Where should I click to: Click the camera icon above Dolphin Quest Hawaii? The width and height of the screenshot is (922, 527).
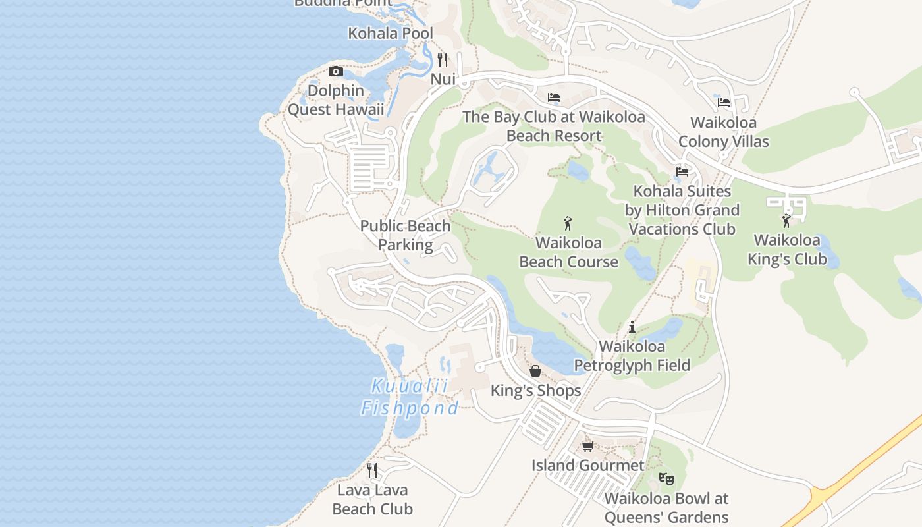[x=336, y=71]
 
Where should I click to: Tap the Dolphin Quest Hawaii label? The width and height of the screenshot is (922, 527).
[x=336, y=100]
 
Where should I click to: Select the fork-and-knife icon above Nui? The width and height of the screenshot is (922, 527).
[x=443, y=60]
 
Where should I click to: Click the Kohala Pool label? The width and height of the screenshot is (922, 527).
[x=391, y=33]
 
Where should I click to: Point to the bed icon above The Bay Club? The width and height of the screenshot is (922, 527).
[x=554, y=97]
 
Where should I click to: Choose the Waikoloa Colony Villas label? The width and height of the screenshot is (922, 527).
[x=723, y=132]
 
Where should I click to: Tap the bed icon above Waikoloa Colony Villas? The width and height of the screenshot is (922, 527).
[x=724, y=102]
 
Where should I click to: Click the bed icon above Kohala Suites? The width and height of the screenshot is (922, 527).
[x=682, y=172]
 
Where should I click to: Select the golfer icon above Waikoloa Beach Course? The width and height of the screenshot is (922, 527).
[x=568, y=223]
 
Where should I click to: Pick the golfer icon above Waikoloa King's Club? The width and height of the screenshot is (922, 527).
[x=786, y=221]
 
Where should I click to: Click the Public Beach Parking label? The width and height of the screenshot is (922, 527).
[x=405, y=235]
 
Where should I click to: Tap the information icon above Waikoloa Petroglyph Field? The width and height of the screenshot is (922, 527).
[x=632, y=327]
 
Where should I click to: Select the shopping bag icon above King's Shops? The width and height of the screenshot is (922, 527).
[x=535, y=371]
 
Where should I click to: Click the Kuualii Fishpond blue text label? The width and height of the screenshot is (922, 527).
[x=409, y=397]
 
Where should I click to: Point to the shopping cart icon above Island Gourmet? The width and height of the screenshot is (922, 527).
[x=587, y=446]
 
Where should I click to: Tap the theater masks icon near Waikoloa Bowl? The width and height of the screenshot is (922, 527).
[x=666, y=479]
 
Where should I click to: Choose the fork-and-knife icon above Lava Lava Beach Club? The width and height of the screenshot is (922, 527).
[x=372, y=470]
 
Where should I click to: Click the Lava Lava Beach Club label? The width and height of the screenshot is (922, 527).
[x=372, y=499]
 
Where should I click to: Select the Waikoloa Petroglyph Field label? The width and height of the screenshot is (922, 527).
[x=632, y=356]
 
